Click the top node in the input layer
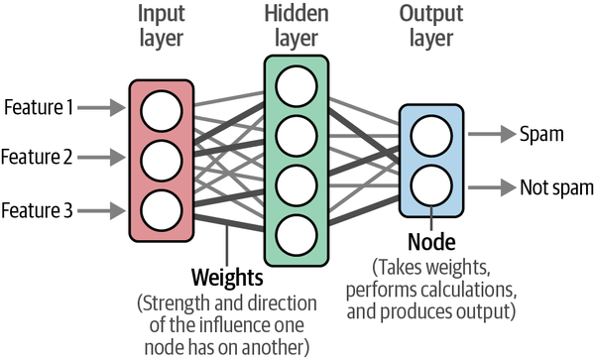click(x=162, y=111)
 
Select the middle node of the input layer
click(x=162, y=161)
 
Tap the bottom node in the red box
click(x=162, y=210)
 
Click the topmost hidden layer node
click(x=297, y=86)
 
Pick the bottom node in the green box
click(x=297, y=235)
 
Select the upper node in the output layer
click(x=431, y=136)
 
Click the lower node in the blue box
click(x=431, y=185)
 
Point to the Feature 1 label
click(x=39, y=107)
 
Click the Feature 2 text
click(x=37, y=157)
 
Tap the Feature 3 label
click(x=37, y=210)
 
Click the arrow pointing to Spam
click(x=492, y=134)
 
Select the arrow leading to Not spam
click(x=492, y=187)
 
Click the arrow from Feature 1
click(x=101, y=107)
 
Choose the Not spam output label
click(x=556, y=187)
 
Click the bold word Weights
click(x=227, y=278)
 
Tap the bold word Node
click(x=431, y=242)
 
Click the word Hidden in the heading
click(x=297, y=14)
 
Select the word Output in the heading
click(x=431, y=15)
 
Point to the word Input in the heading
click(x=162, y=15)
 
